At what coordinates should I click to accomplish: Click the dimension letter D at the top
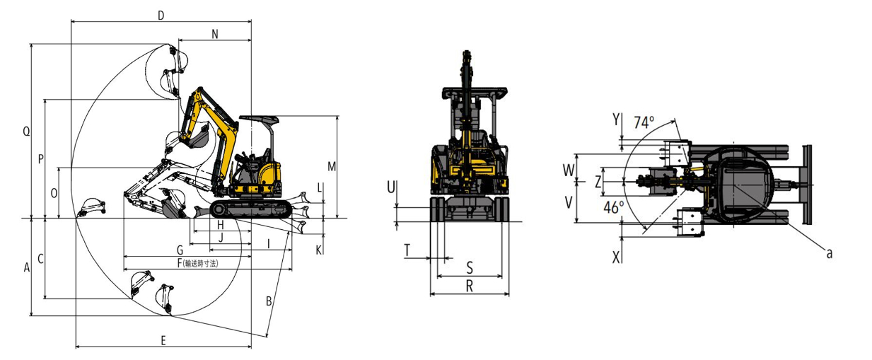(x=161, y=16)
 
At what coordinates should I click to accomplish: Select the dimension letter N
(x=215, y=34)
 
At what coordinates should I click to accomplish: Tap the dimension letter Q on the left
(x=26, y=132)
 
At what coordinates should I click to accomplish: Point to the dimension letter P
(x=40, y=160)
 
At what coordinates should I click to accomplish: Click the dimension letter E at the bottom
(x=163, y=340)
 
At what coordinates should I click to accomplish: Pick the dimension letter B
(x=269, y=301)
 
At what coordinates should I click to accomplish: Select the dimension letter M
(x=332, y=167)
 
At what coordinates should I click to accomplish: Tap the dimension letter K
(x=318, y=250)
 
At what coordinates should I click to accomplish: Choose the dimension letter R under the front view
(x=469, y=285)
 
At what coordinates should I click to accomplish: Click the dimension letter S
(x=470, y=267)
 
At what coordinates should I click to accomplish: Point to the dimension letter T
(x=407, y=249)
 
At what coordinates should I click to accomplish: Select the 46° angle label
(x=614, y=207)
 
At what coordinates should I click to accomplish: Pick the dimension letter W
(x=567, y=170)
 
